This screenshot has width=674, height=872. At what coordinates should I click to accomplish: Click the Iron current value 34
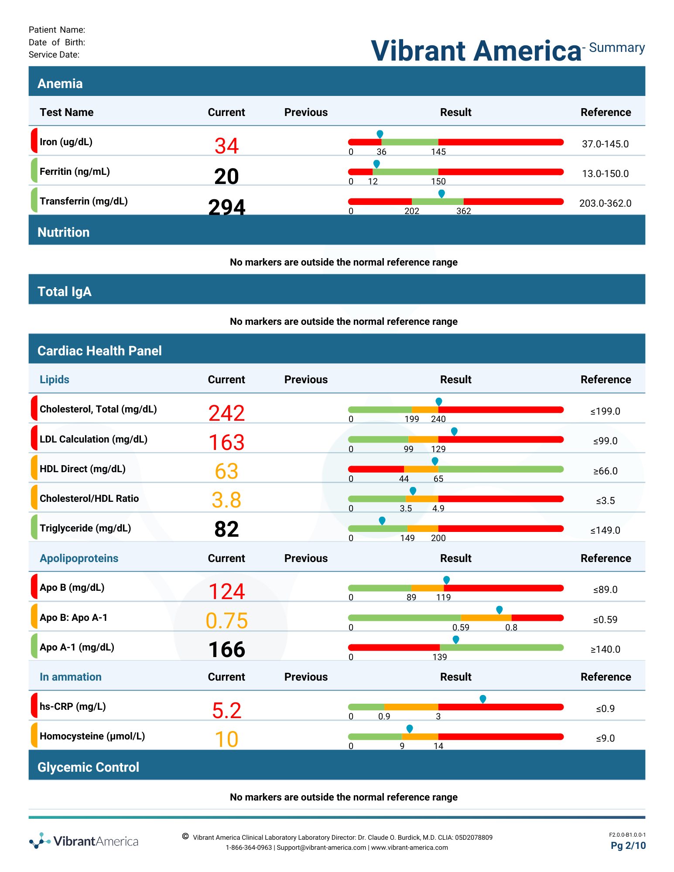pyautogui.click(x=226, y=146)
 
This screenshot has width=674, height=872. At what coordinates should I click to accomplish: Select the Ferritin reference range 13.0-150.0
pyautogui.click(x=605, y=174)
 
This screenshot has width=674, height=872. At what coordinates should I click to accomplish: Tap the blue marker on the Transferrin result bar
pyautogui.click(x=441, y=194)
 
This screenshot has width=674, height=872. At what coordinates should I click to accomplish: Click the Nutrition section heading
pyautogui.click(x=64, y=232)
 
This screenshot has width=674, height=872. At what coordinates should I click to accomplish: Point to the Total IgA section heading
pyautogui.click(x=65, y=292)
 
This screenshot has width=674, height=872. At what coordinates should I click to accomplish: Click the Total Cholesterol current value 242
pyautogui.click(x=226, y=413)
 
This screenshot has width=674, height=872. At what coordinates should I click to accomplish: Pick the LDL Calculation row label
pyautogui.click(x=94, y=439)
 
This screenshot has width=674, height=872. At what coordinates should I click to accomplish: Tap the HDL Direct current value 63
pyautogui.click(x=226, y=471)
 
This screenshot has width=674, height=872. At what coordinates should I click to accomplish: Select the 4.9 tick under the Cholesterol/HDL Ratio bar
pyautogui.click(x=438, y=508)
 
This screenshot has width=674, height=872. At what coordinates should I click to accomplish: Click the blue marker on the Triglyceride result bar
pyautogui.click(x=382, y=521)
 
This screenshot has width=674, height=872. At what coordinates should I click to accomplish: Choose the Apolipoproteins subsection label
pyautogui.click(x=79, y=559)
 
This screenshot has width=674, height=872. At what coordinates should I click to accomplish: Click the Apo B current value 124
pyautogui.click(x=226, y=592)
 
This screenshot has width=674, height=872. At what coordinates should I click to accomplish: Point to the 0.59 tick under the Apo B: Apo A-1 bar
pyautogui.click(x=461, y=627)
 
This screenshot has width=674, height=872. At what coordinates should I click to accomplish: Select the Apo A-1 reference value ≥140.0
pyautogui.click(x=605, y=649)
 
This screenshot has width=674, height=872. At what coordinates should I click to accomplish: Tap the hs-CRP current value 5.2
pyautogui.click(x=226, y=711)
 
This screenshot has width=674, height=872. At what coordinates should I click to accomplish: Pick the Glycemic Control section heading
pyautogui.click(x=89, y=767)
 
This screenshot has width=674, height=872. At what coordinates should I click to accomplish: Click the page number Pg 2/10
pyautogui.click(x=628, y=846)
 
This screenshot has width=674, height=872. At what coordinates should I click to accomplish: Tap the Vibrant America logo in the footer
pyautogui.click(x=84, y=841)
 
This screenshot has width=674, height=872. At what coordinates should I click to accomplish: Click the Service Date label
pyautogui.click(x=54, y=54)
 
